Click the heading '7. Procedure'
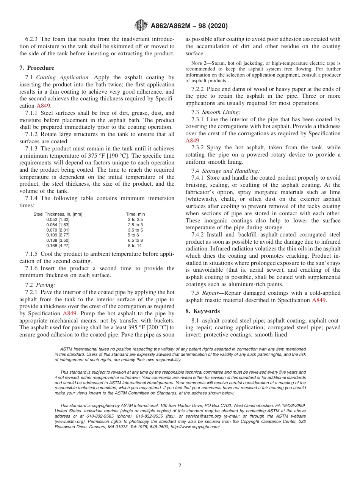coord(37,68)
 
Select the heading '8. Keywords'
coord(203,311)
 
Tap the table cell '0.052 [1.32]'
coord(58,219)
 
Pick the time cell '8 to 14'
coord(135,246)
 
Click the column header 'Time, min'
coord(135,214)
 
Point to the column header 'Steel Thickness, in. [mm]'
coord(58,214)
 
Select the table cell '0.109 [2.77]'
coord(58,235)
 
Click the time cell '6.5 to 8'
coord(135,240)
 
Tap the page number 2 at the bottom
coord(180,466)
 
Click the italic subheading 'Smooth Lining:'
coord(221,112)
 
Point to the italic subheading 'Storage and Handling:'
coord(230,171)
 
